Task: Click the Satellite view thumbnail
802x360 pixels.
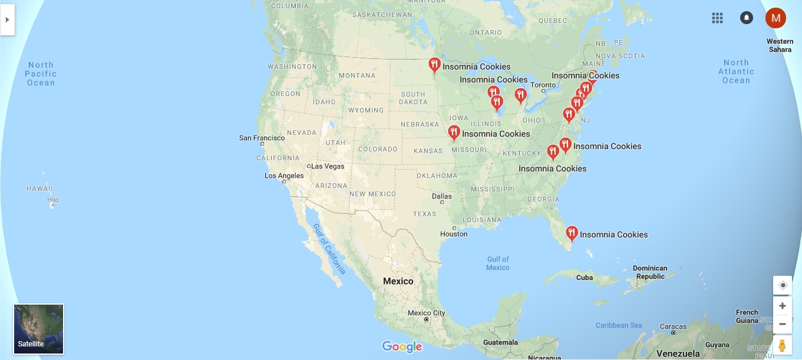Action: [x=38, y=329]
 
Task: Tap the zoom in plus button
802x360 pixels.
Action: [x=782, y=306]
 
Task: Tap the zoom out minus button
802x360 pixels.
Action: [x=782, y=324]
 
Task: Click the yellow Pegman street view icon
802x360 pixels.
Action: [x=782, y=345]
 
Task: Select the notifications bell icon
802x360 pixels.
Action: [x=746, y=18]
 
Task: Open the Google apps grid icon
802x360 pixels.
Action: [x=717, y=18]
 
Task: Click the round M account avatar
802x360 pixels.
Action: [x=775, y=18]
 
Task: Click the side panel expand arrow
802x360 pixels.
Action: [x=7, y=19]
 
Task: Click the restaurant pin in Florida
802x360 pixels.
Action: [x=571, y=234]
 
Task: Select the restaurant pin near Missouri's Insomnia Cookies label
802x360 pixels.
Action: [x=454, y=133]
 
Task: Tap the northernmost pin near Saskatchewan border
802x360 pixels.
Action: [x=434, y=65]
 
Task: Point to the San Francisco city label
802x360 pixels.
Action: [x=262, y=138]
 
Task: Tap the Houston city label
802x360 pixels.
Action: [x=454, y=234]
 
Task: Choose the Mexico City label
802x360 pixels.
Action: [x=426, y=313]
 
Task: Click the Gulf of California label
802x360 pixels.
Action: [x=329, y=249]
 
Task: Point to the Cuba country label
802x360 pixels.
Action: [x=584, y=278]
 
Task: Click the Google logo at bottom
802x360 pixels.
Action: [x=402, y=346]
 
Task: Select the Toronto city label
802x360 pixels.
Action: [x=543, y=85]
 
